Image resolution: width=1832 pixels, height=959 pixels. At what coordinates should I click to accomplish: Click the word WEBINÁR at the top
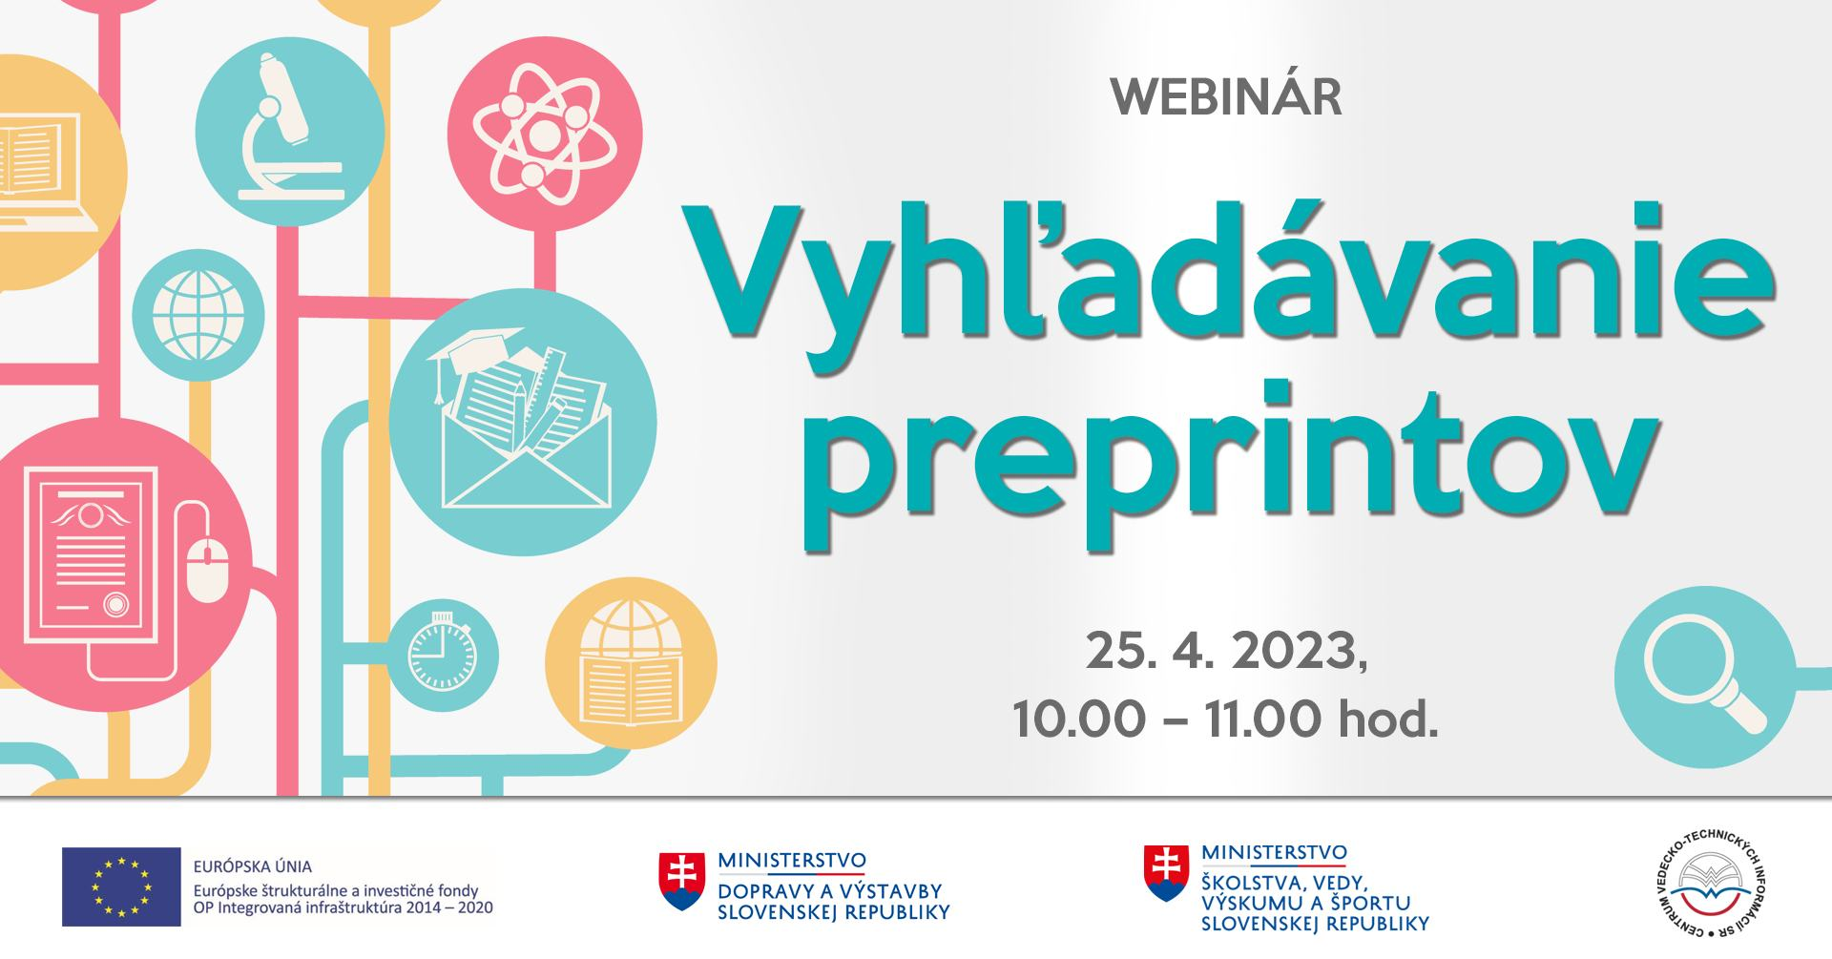click(1227, 97)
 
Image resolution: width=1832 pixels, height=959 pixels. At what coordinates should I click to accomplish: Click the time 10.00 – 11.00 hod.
click(1226, 718)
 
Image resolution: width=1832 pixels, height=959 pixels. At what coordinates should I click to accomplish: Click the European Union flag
click(122, 886)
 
